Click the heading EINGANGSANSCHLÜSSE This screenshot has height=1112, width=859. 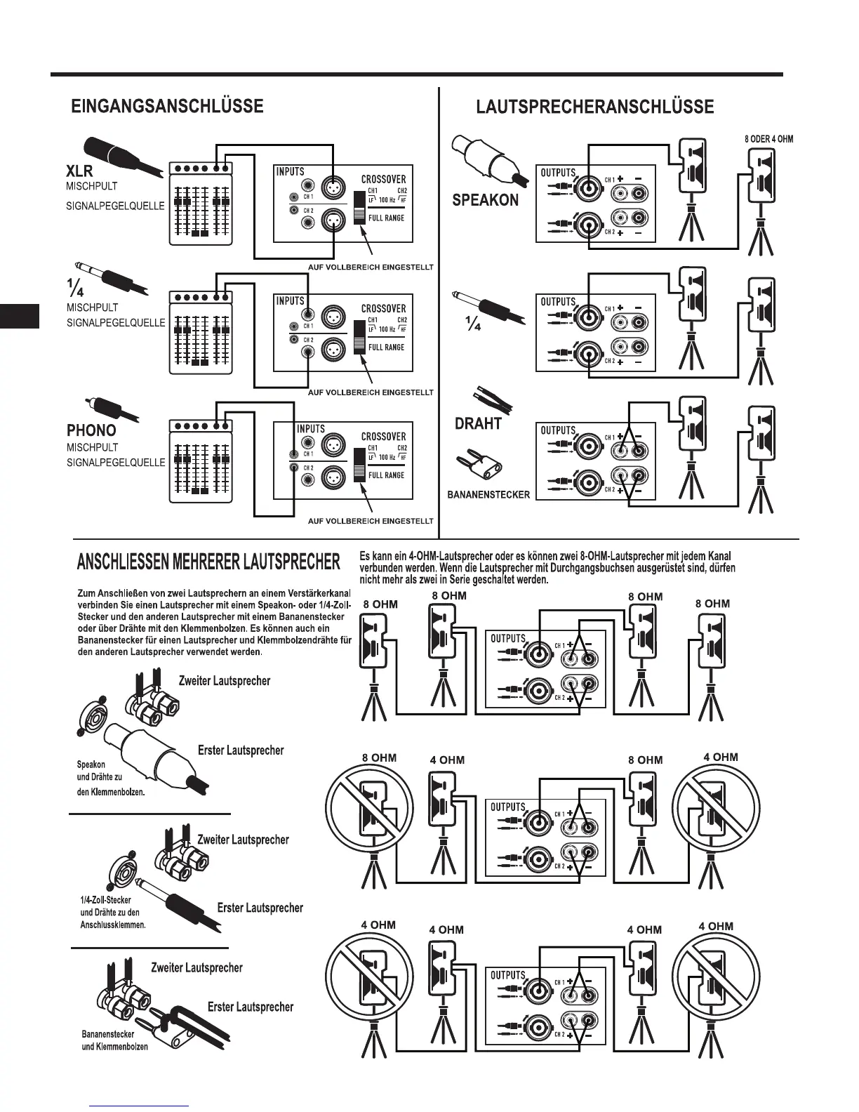coord(167,106)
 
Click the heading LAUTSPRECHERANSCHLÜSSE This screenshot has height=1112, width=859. coord(594,107)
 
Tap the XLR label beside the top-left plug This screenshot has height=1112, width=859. coord(79,171)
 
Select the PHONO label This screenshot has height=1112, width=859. coord(91,430)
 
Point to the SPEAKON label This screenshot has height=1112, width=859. coord(485,200)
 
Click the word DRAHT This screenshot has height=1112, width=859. coord(478,423)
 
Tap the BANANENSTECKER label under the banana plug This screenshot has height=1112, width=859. coord(488,495)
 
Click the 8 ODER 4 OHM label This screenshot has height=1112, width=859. coord(768,139)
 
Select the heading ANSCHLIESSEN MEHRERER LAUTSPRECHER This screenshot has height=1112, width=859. coord(208,562)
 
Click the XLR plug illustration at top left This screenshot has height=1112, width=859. coord(119,157)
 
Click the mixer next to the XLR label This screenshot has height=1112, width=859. coord(201,204)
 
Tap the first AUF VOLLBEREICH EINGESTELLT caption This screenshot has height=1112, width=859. coord(371,267)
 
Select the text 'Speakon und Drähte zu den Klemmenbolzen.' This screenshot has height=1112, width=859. coord(111,778)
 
